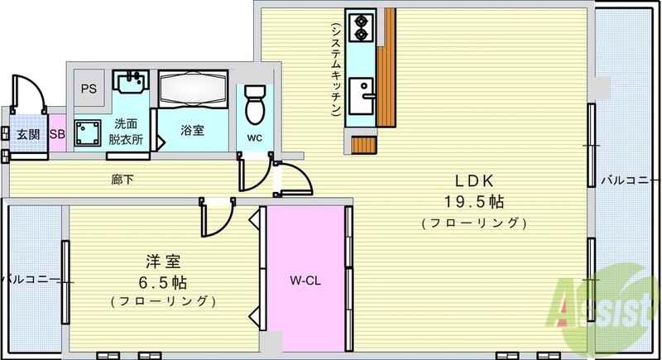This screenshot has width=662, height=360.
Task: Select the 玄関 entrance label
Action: [x=28, y=134]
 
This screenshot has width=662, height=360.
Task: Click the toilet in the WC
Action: [x=256, y=103]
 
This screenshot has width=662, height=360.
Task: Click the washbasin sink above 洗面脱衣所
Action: [x=129, y=84]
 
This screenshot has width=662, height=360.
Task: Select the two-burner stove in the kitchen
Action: [x=361, y=29]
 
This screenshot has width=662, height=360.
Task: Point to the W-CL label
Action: [x=305, y=280]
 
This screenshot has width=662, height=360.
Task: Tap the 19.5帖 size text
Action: [x=473, y=202]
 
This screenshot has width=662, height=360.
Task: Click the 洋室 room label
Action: [x=162, y=262]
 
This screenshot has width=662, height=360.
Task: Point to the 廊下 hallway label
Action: [x=124, y=178]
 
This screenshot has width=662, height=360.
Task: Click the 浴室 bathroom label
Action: [x=193, y=130]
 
